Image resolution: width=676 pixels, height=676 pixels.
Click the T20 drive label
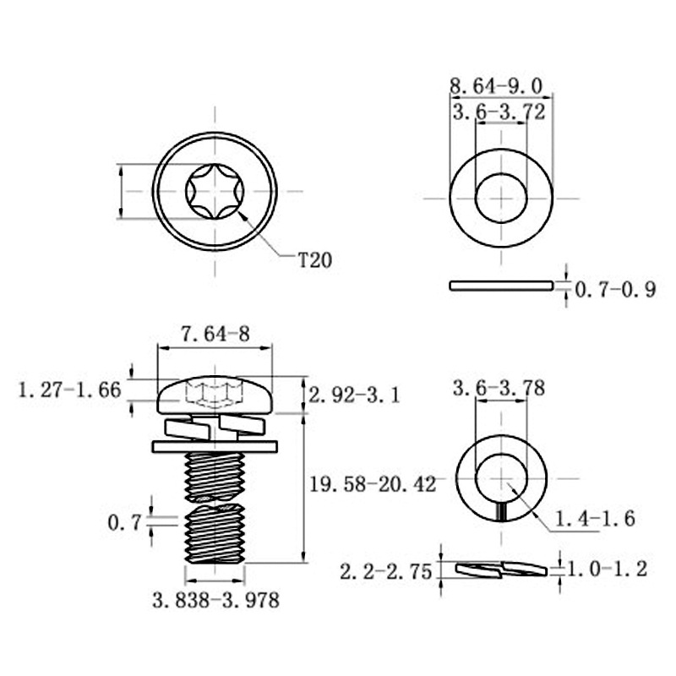(315, 260)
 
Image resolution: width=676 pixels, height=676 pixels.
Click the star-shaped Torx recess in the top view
(215, 192)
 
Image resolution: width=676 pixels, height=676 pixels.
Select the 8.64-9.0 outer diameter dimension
(496, 85)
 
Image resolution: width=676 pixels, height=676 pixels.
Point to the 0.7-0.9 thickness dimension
(615, 291)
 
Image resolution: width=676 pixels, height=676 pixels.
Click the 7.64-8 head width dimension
(215, 334)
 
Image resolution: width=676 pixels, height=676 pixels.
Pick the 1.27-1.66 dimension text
(70, 390)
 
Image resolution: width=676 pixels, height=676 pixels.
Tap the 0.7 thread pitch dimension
(123, 524)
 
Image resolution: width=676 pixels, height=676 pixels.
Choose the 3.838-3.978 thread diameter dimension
(215, 601)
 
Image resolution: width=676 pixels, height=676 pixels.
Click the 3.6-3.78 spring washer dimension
(499, 389)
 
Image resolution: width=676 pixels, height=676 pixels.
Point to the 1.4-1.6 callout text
(596, 518)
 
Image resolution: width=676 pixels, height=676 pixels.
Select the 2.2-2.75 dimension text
(386, 570)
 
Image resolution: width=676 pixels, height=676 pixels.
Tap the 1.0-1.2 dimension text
(608, 570)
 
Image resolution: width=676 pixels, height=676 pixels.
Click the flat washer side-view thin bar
(501, 286)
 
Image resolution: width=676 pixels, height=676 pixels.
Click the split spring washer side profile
(500, 569)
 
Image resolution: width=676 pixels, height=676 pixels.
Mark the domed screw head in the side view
(215, 393)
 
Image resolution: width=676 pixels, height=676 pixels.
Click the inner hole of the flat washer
(501, 198)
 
